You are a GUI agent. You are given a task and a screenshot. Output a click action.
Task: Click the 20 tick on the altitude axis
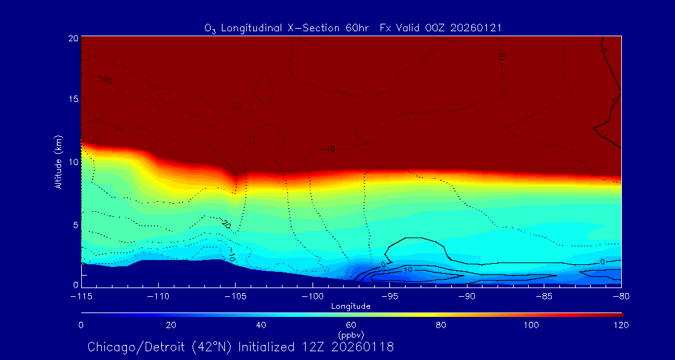point(72,37)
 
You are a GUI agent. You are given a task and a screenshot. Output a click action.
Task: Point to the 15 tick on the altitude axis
point(72,99)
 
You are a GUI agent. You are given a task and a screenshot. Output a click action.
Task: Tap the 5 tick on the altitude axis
point(74,224)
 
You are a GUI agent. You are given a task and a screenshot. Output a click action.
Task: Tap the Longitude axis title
point(351,306)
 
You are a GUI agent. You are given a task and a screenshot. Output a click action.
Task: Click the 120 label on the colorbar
point(621,325)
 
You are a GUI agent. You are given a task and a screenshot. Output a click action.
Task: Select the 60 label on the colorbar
point(351,325)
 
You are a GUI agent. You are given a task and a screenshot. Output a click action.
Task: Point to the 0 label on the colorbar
point(81,325)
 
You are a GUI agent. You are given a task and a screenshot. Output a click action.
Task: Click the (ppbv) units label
point(351,335)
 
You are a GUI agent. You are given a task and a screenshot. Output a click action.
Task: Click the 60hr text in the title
point(356,28)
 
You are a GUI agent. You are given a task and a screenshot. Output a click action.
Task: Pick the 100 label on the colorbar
point(531,325)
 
